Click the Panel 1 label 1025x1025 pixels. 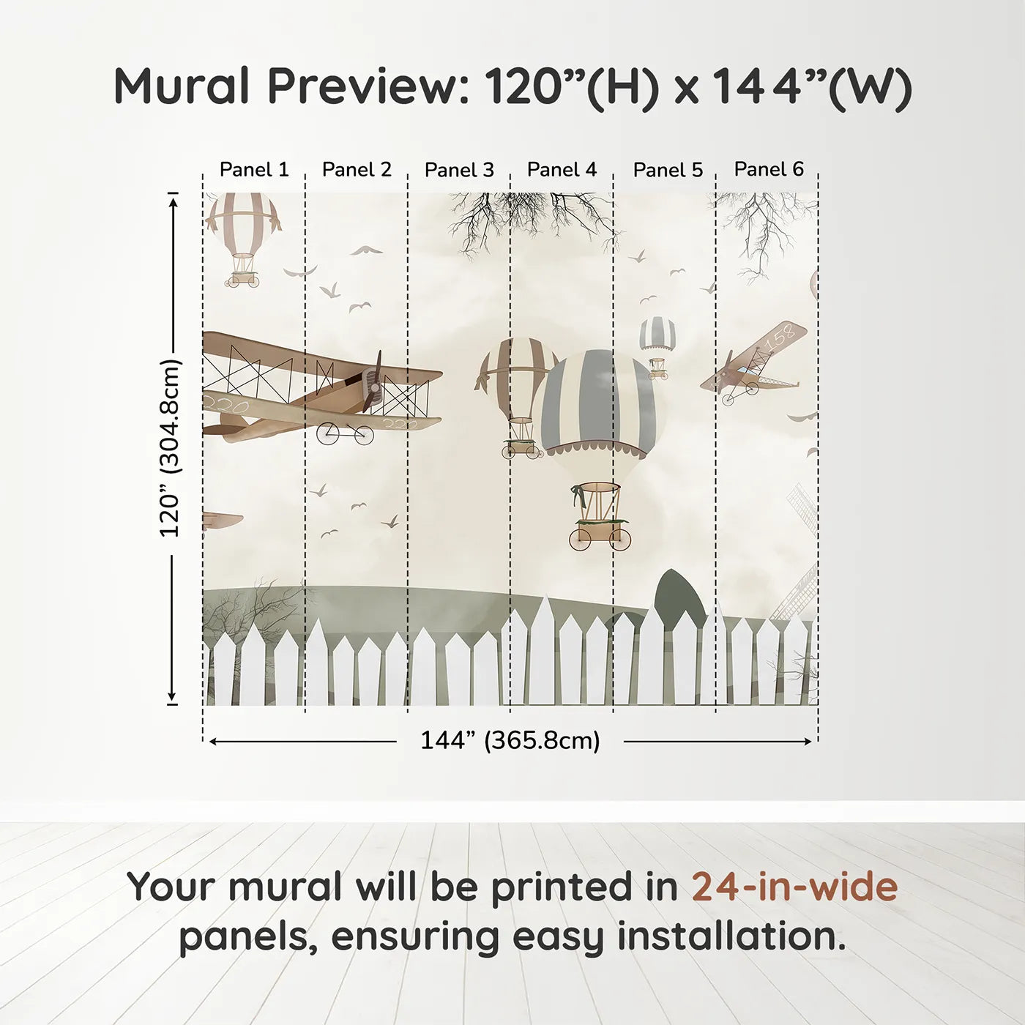tap(254, 170)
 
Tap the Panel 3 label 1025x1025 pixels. tap(459, 170)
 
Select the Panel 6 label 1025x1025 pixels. tap(769, 169)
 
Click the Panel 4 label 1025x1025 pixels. tap(562, 170)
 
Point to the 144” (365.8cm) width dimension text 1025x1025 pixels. tap(510, 740)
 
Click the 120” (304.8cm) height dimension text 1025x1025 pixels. tap(170, 448)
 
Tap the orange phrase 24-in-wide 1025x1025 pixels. tap(794, 887)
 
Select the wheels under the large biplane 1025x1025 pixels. tap(345, 434)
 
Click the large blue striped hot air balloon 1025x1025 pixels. tap(599, 403)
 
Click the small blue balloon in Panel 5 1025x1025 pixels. tap(657, 335)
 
